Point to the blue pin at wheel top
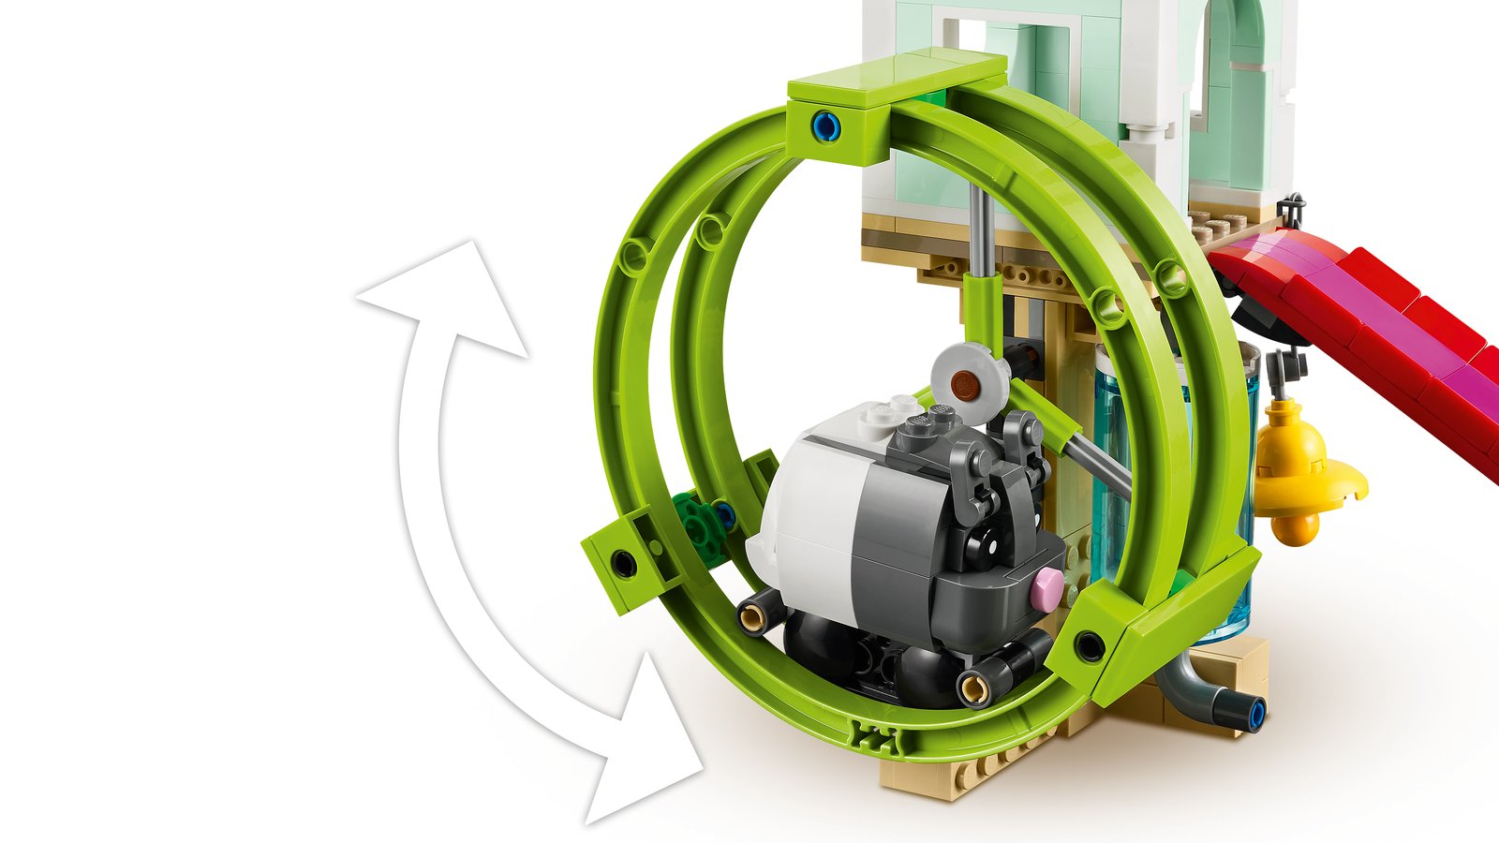point(824,124)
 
